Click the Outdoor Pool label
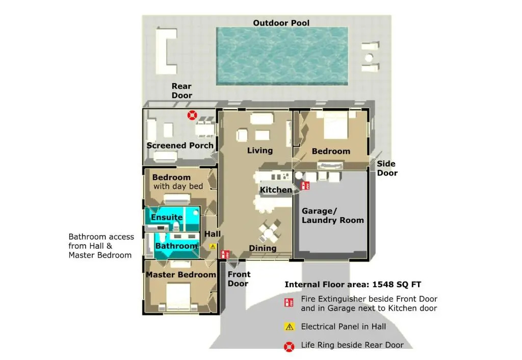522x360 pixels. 281,23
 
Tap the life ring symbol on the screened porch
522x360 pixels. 192,115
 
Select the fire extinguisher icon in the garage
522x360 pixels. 305,186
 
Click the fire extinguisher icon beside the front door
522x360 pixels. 225,254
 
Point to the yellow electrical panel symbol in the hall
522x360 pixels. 213,246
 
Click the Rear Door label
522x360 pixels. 182,91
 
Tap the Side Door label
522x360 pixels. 387,168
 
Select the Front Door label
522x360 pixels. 239,279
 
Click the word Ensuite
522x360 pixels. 167,217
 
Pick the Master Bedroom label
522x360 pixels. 181,274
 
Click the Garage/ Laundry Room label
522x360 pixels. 332,216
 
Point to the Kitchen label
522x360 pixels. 276,190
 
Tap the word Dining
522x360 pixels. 263,248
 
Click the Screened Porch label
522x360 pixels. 180,145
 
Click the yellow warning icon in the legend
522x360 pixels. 290,327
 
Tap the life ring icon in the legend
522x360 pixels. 289,347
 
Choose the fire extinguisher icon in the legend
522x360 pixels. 289,302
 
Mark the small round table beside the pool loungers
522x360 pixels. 369,58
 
